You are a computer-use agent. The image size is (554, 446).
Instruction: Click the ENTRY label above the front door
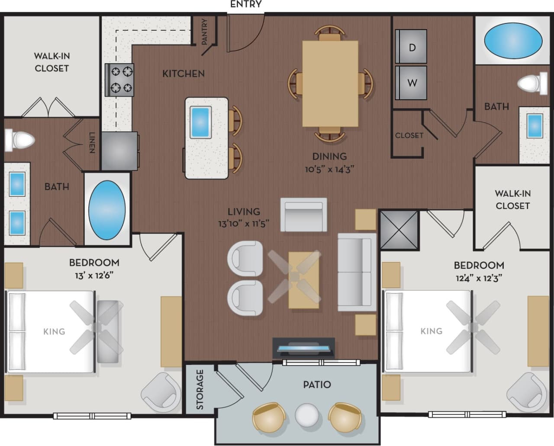tap(246, 4)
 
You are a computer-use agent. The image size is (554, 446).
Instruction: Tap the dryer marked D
tap(412, 47)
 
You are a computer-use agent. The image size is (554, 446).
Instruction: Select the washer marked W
tap(412, 82)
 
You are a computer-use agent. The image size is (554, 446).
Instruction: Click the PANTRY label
tap(205, 31)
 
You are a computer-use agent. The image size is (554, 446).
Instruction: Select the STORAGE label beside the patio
tap(200, 389)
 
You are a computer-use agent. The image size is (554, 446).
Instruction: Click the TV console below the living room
tap(303, 348)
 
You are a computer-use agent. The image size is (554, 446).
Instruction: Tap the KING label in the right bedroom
tap(431, 331)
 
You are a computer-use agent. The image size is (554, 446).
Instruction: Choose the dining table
tap(330, 83)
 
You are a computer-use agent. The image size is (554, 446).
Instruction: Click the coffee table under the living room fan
tap(304, 280)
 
